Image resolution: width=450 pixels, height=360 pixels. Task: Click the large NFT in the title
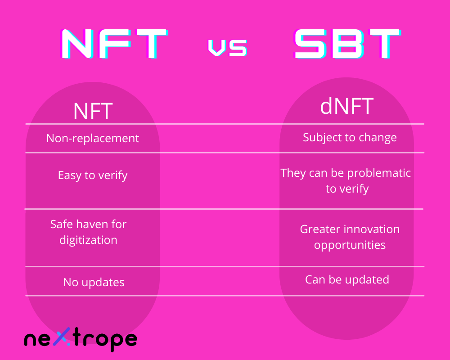tap(114, 44)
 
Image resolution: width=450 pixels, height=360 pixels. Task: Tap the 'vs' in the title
tap(228, 48)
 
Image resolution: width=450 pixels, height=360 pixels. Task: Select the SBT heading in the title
tap(347, 44)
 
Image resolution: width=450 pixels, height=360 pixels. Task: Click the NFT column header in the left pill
tap(93, 111)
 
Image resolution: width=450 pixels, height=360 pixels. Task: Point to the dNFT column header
tap(346, 106)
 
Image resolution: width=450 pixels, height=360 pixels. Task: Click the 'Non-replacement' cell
tap(93, 138)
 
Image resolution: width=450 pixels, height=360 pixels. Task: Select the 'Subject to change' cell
tap(350, 138)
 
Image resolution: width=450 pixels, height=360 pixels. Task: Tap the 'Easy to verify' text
tap(93, 175)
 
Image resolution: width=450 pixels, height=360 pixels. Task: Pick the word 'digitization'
tap(88, 240)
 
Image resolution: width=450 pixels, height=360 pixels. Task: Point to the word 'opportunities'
tap(350, 245)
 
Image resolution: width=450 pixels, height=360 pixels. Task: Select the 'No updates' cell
tap(94, 283)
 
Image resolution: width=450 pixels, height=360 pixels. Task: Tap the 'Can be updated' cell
tap(347, 279)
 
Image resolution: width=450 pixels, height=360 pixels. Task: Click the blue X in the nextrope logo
tap(62, 337)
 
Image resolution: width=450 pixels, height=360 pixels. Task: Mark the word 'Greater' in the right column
tap(319, 229)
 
